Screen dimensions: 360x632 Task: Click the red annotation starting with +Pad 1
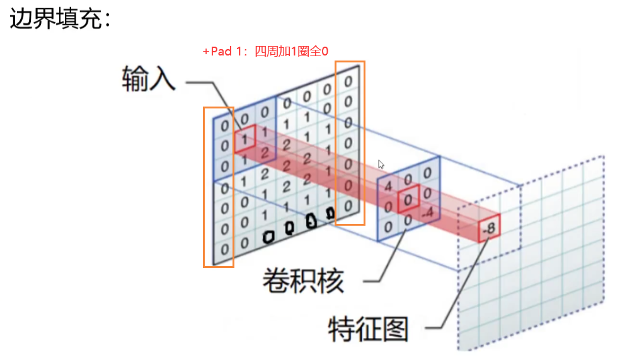265,52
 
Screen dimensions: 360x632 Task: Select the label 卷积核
303,281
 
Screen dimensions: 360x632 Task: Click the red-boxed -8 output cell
488,227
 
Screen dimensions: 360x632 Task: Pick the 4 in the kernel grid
388,187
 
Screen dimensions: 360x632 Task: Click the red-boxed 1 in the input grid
244,139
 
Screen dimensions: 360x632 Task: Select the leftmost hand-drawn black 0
269,237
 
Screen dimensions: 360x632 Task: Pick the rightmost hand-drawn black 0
330,213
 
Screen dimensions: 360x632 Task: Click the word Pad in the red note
221,52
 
